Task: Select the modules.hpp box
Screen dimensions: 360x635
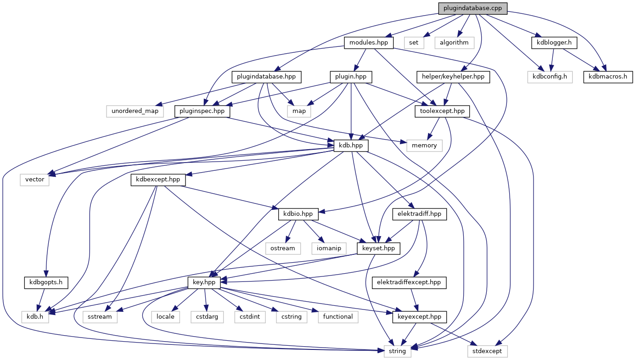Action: [369, 43]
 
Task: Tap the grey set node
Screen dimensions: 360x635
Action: [414, 43]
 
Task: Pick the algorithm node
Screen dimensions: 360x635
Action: [454, 43]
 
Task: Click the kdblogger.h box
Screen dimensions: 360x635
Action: [554, 43]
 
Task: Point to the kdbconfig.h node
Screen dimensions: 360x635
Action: [550, 77]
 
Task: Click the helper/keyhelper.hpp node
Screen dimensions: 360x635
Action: [453, 77]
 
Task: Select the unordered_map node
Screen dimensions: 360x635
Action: [135, 111]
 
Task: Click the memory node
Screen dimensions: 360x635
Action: [424, 145]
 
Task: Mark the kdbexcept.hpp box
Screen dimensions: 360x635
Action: [158, 180]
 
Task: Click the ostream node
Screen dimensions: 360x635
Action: [282, 248]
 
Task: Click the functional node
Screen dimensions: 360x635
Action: [337, 316]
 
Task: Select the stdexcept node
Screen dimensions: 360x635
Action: [487, 351]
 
